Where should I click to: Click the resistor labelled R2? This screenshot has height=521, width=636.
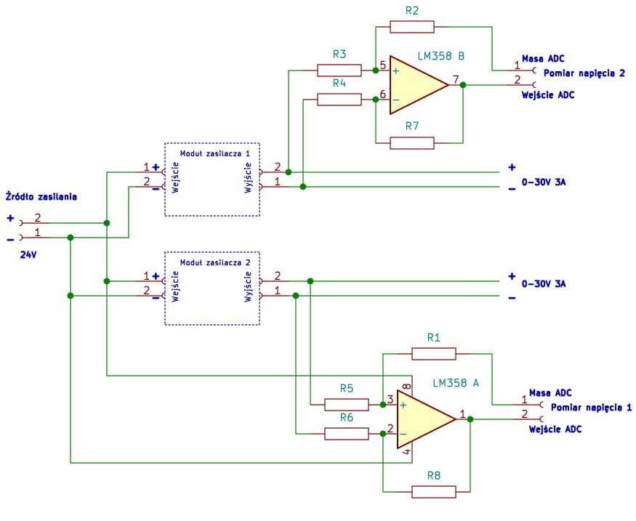(x=411, y=27)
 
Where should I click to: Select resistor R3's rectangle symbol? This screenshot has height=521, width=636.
(x=339, y=70)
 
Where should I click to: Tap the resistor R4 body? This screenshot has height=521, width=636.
(x=339, y=100)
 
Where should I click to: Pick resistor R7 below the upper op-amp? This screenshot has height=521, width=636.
(x=411, y=143)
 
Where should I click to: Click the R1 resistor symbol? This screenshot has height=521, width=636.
(x=434, y=354)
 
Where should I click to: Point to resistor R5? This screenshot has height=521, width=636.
(x=347, y=405)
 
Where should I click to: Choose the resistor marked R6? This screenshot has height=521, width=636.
(x=347, y=434)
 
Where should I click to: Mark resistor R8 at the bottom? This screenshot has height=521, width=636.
(x=434, y=492)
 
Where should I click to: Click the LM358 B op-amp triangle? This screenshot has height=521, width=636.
(x=418, y=85)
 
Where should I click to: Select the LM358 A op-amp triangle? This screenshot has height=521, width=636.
(x=425, y=419)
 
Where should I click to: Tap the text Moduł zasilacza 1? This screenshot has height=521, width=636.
(x=215, y=153)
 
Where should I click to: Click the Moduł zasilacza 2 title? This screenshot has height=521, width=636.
(x=215, y=263)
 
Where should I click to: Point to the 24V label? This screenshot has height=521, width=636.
(x=28, y=255)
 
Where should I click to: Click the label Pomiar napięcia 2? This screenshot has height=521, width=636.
(x=584, y=73)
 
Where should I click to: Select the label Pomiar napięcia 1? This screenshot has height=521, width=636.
(x=591, y=408)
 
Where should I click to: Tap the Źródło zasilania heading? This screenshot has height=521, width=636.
(x=41, y=196)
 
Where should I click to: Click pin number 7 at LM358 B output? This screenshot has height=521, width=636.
(x=456, y=79)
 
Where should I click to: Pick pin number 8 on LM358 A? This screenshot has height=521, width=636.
(x=407, y=387)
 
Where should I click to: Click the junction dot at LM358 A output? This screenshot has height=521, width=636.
(x=470, y=419)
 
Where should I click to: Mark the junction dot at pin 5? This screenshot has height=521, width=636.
(x=376, y=70)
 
